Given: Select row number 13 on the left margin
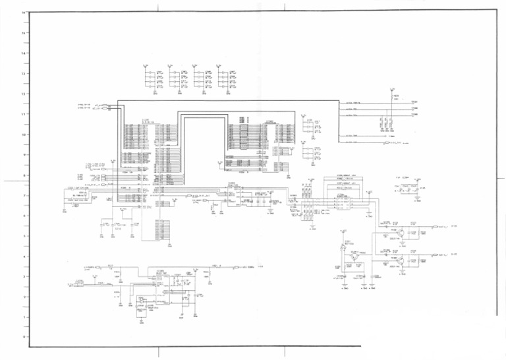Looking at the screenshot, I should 24,73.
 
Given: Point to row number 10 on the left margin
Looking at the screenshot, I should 24,135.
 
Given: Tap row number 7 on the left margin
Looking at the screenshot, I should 24,196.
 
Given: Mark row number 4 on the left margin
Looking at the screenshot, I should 24,256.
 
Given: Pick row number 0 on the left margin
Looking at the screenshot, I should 24,337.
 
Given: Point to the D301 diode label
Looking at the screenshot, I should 347,242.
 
